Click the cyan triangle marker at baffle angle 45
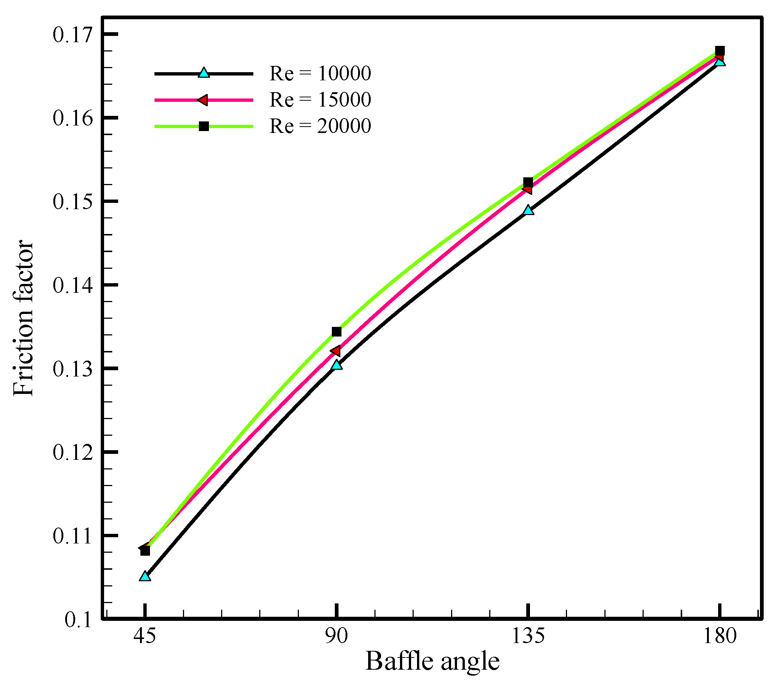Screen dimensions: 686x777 tap(145, 576)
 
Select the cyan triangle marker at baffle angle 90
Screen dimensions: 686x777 tap(336, 365)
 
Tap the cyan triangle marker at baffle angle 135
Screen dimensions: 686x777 tap(528, 210)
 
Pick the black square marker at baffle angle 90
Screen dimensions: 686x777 tap(336, 332)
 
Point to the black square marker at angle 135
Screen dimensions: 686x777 tap(528, 182)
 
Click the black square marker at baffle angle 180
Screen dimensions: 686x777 tap(720, 51)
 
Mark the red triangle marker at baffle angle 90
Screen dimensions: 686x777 tap(336, 351)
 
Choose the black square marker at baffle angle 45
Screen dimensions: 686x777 tap(145, 551)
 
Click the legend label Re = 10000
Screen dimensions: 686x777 tap(320, 73)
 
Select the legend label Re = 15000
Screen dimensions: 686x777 tap(320, 100)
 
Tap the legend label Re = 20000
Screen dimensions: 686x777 tap(320, 126)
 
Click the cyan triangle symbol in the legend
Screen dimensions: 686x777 tap(204, 73)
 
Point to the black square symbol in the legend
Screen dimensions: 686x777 tap(204, 126)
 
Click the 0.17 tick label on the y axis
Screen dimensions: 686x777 tap(72, 35)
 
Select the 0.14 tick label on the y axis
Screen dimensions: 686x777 tap(72, 285)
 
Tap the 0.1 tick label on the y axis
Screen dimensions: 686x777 tap(78, 620)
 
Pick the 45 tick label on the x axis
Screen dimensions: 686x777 tap(144, 636)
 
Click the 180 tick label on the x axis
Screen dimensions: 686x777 tap(720, 636)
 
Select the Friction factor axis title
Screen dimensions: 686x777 tap(24, 318)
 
